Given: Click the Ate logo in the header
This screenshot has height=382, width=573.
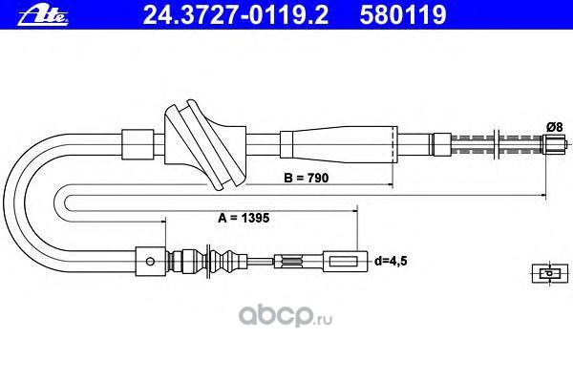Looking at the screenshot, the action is tap(43, 15).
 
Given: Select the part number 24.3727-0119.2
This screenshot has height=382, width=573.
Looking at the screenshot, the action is tap(235, 14).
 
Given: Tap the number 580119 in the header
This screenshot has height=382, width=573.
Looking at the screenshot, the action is tap(403, 14).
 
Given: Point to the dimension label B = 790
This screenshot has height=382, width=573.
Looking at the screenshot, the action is tap(307, 178).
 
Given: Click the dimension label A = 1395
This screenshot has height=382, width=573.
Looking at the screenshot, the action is tap(244, 218).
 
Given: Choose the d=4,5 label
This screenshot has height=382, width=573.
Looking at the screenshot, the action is tap(391, 262).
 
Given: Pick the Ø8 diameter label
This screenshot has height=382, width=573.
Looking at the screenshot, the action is tap(555, 127).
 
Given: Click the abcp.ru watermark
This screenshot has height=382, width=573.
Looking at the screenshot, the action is tap(286, 316).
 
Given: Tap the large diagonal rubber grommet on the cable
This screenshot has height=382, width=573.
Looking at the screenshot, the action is tap(205, 145).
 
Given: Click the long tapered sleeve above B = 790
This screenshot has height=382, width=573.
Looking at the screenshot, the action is tap(339, 144).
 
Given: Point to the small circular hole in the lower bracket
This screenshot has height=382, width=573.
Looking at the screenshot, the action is tap(150, 262).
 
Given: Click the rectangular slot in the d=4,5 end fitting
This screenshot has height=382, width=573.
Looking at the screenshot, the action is tap(344, 262).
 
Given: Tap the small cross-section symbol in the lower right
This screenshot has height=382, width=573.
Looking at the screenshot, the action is tap(550, 273).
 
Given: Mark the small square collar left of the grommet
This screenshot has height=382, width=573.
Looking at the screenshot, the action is tap(138, 144).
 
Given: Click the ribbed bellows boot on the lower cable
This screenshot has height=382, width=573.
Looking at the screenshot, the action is tap(206, 262).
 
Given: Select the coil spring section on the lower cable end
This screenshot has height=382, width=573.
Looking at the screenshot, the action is tap(292, 261).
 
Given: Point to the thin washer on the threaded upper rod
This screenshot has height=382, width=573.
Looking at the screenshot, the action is tap(496, 145).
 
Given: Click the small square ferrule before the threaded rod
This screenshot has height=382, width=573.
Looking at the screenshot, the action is tap(442, 144).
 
